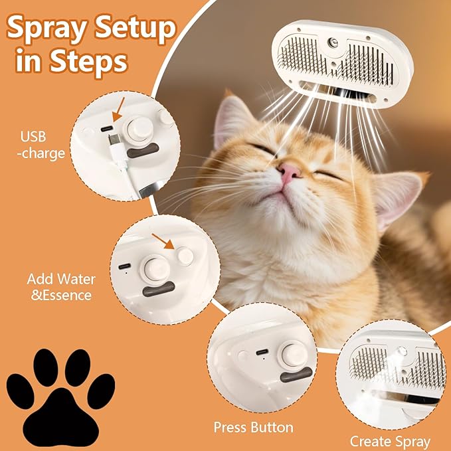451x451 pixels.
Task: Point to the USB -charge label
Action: pos(43,145)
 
